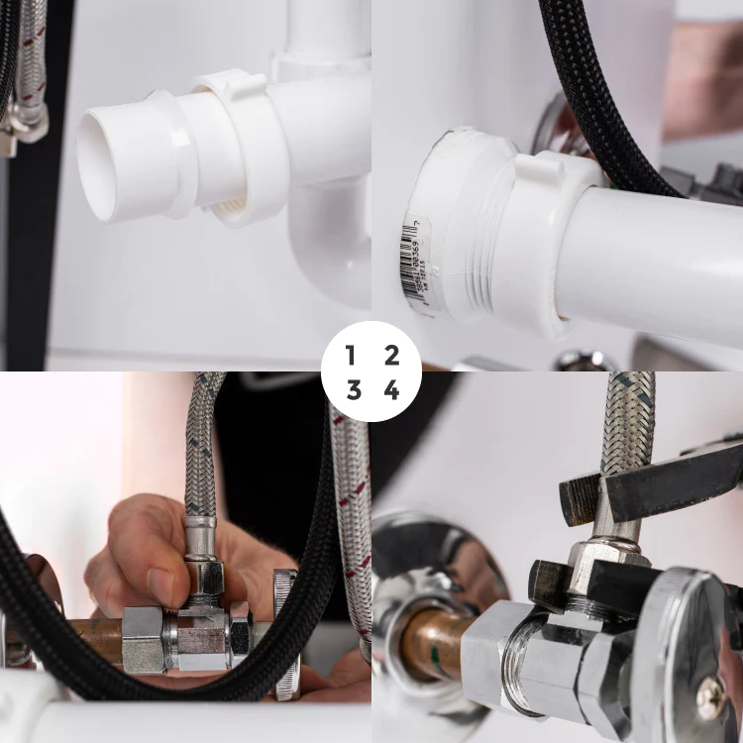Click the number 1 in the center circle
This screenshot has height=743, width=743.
(351, 355)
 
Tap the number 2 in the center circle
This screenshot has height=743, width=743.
(392, 355)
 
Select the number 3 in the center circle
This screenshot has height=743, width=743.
(353, 390)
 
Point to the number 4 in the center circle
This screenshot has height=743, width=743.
(392, 390)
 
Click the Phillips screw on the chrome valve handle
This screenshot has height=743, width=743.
(709, 698)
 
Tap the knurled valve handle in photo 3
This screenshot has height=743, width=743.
(285, 634)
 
